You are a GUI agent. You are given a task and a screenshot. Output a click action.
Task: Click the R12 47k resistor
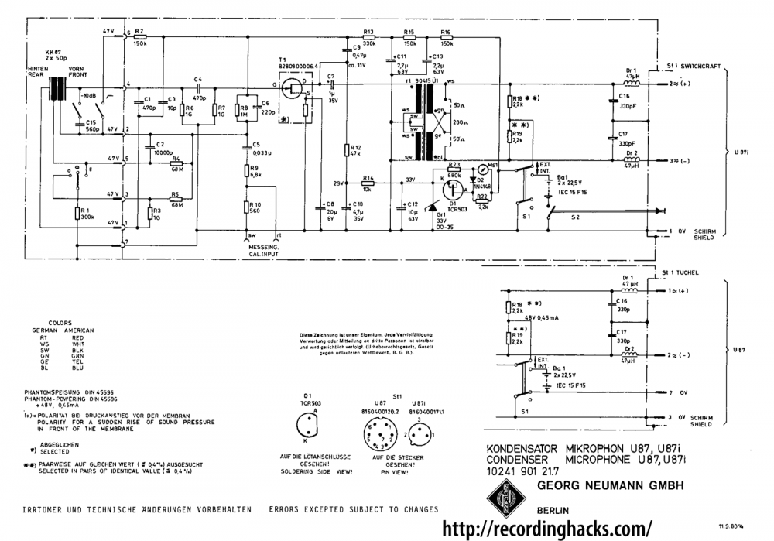[x=346, y=150]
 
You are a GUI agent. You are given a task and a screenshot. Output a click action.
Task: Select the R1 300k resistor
[x=78, y=214]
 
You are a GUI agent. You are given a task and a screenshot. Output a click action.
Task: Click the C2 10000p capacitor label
[x=162, y=148]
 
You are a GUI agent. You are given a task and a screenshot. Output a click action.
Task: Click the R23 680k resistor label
[x=454, y=168]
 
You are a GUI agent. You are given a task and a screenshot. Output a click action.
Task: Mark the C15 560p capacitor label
[x=92, y=126]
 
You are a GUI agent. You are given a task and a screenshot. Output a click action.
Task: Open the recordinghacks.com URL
[x=546, y=529]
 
